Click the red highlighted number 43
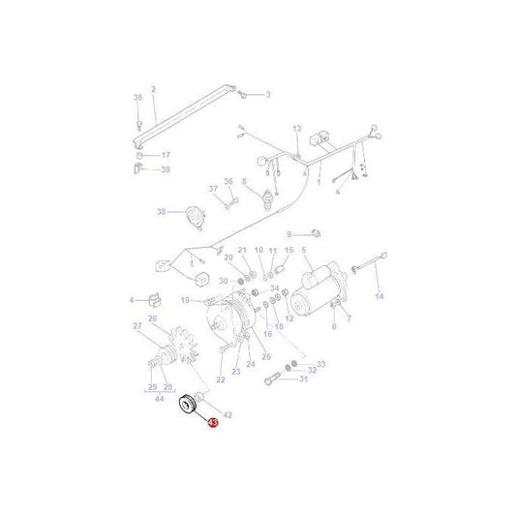click(213, 423)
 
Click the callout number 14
click(379, 296)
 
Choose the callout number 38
click(162, 212)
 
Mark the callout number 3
click(268, 94)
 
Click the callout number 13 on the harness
click(296, 128)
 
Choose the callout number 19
click(184, 301)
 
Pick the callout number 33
click(321, 364)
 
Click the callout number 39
click(165, 169)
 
